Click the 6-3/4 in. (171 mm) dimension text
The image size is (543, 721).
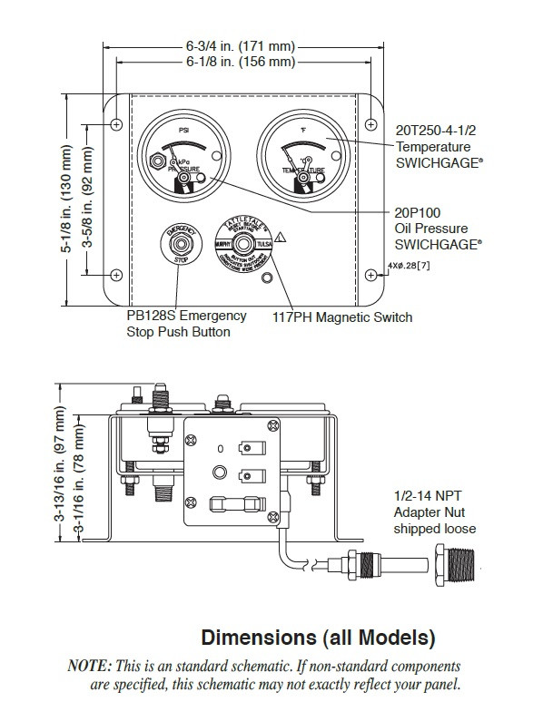241,44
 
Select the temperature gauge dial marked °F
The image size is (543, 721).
299,153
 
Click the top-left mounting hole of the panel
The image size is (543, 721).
117,122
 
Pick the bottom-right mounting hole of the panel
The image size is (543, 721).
372,274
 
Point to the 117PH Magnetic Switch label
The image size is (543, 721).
342,317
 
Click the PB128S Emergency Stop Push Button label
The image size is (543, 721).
186,324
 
